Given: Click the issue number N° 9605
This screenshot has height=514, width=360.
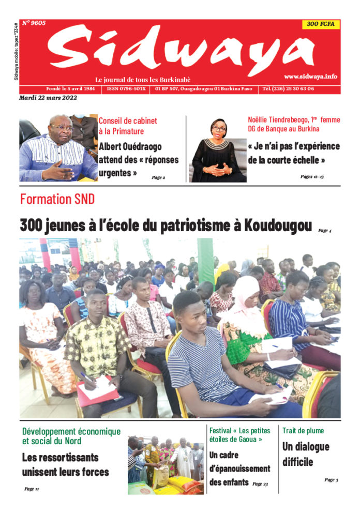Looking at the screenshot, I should point(34,23).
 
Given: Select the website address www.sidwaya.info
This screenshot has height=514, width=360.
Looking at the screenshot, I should point(310,77).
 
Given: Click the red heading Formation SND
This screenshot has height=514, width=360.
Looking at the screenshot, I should point(57,199).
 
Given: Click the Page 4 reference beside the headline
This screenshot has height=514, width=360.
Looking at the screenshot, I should point(324,231).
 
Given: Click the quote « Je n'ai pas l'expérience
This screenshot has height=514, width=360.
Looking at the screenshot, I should point(294,146).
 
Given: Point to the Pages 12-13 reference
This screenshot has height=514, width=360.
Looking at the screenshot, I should point(312,176).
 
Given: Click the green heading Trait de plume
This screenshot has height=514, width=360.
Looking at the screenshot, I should point(304,430).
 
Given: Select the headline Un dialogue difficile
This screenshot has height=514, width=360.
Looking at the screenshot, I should point(305,454).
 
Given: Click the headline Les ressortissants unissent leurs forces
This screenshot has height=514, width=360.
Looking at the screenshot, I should point(65,464).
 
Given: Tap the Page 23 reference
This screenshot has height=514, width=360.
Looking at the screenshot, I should point(260,484).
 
